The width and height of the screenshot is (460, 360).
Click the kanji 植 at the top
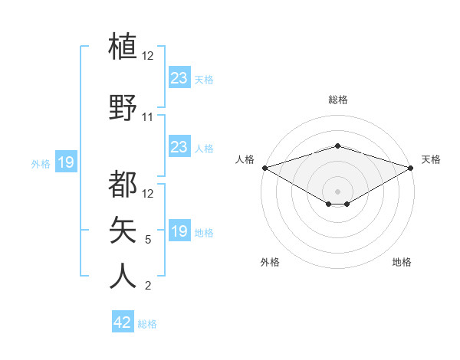(123, 45)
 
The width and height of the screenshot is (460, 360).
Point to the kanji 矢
(123, 229)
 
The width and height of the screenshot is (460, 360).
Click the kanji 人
(123, 275)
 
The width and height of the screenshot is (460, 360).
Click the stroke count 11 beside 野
(148, 117)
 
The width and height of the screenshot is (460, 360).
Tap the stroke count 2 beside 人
(148, 286)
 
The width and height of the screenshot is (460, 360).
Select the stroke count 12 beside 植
(148, 56)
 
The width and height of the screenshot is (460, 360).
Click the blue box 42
(122, 322)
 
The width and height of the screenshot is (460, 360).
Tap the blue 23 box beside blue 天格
(179, 78)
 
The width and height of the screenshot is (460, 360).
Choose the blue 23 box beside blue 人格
(179, 147)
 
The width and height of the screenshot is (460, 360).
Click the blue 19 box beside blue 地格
(179, 231)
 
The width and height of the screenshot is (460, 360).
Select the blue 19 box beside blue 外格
(66, 162)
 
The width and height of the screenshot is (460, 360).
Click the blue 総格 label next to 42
(147, 324)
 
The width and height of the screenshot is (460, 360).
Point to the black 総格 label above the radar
(337, 100)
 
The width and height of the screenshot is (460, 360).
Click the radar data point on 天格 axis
(410, 168)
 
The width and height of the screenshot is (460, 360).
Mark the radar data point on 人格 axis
(264, 168)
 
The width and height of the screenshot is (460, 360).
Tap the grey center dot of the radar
(337, 190)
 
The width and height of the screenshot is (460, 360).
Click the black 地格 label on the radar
(402, 262)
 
